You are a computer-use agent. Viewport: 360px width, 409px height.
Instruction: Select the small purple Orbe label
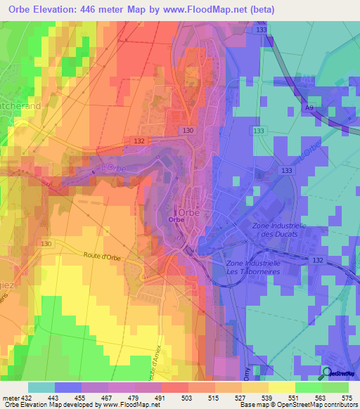[x=176, y=219]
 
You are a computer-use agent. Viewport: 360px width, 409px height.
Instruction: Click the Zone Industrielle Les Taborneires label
[x=253, y=268]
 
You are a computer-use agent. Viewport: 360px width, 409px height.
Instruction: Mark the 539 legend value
[x=269, y=398]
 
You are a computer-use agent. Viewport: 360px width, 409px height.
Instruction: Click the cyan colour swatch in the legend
[x=41, y=387]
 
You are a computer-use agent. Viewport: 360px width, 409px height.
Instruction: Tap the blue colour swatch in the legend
[x=68, y=387]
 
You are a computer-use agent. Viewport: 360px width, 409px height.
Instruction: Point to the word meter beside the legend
[x=8, y=398]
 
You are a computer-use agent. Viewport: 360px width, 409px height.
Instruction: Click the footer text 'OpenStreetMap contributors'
[x=315, y=405]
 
